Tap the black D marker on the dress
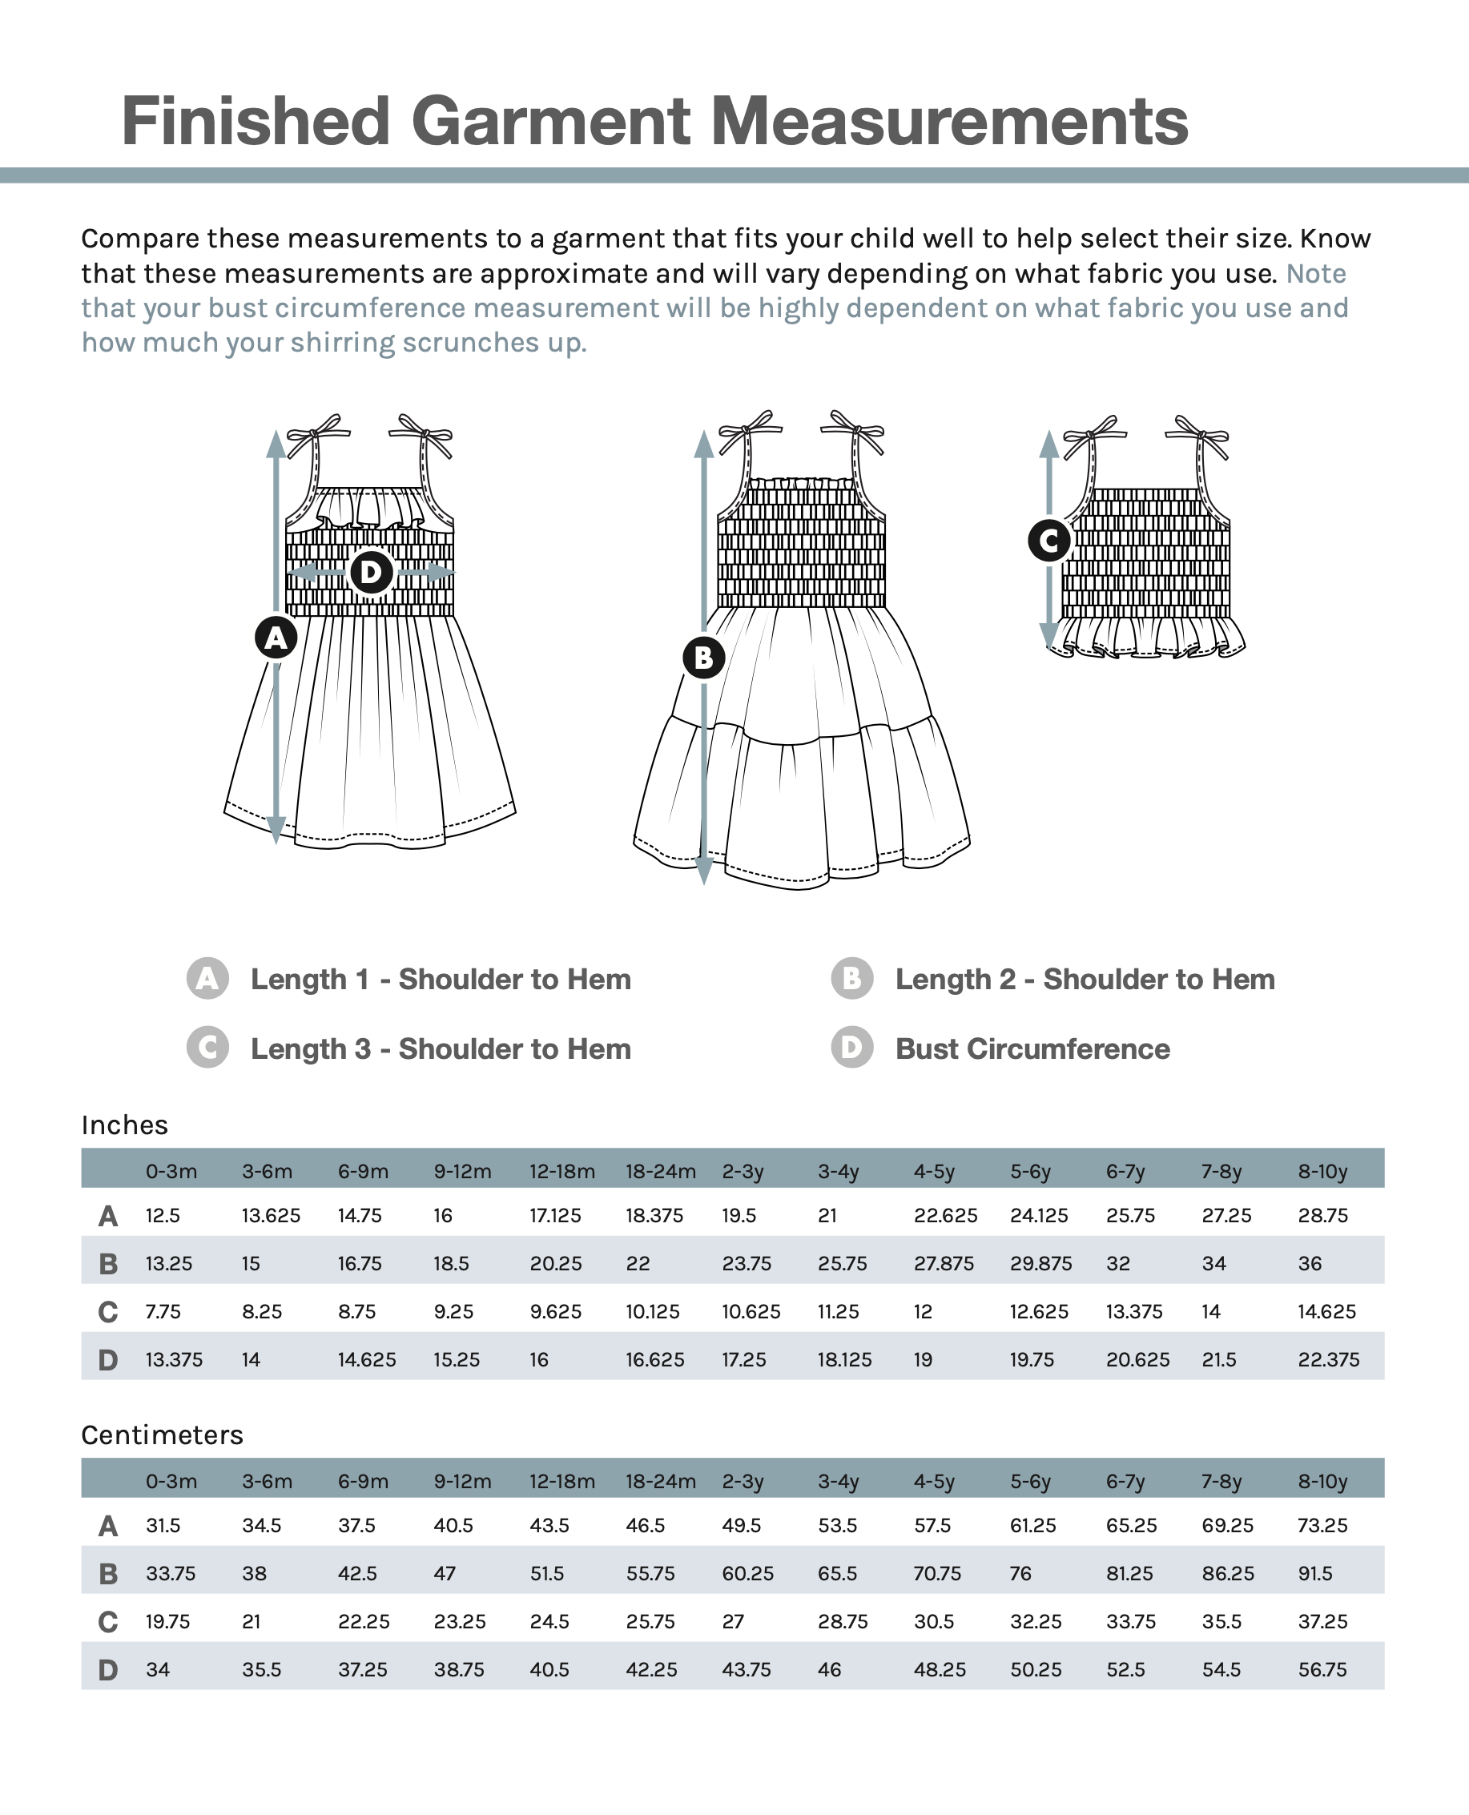click(x=371, y=573)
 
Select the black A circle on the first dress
click(x=276, y=638)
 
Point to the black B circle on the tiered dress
click(x=704, y=658)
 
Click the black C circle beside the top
click(x=1049, y=540)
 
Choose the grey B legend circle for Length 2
click(x=851, y=979)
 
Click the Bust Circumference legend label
click(x=1032, y=1049)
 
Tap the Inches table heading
click(x=124, y=1125)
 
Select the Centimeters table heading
click(x=162, y=1435)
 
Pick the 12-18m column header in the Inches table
click(x=561, y=1172)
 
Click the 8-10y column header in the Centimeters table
click(x=1322, y=1482)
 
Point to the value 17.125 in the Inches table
click(x=555, y=1216)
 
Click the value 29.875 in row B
click(x=1040, y=1264)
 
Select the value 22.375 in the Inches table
click(x=1329, y=1360)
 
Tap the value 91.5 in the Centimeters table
click(x=1315, y=1574)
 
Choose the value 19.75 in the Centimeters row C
click(x=167, y=1622)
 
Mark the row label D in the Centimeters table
click(x=107, y=1670)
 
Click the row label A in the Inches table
click(x=107, y=1217)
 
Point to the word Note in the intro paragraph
click(x=1316, y=274)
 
